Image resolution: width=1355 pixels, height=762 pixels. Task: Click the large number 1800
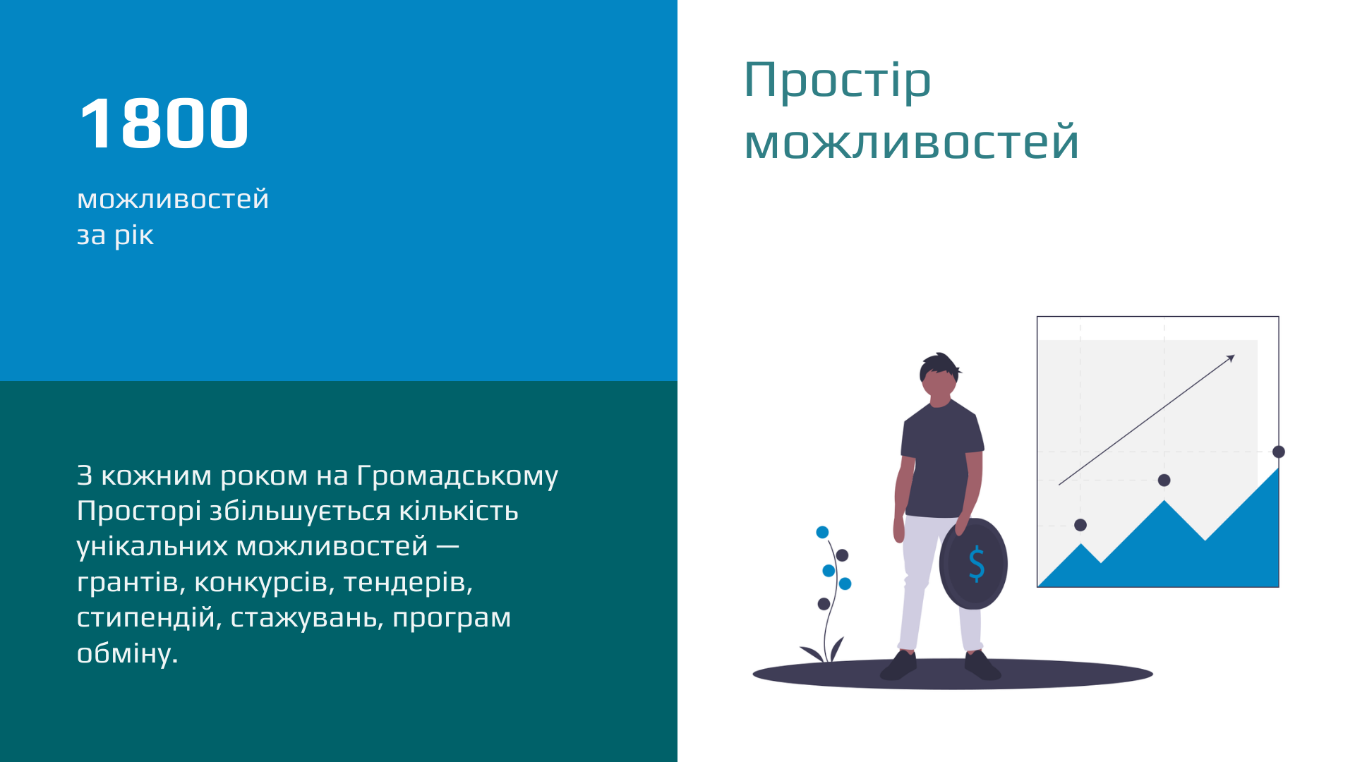[x=164, y=123]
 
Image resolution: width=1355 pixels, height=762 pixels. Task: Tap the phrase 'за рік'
[x=115, y=236]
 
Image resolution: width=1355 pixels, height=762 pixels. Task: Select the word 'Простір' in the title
[x=838, y=81]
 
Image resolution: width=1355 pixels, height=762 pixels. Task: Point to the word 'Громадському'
[x=457, y=476]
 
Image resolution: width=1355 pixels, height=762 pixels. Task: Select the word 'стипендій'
[x=149, y=617]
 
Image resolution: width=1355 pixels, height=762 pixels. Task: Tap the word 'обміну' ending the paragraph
[x=127, y=653]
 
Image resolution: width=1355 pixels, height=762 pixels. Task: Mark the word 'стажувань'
[x=307, y=617]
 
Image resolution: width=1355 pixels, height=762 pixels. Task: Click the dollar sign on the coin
[x=977, y=564]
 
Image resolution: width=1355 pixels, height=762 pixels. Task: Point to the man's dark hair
[x=939, y=365]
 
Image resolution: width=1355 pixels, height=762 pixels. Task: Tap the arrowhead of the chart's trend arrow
[x=1231, y=358]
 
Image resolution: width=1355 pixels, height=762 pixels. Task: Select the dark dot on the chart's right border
[x=1279, y=452]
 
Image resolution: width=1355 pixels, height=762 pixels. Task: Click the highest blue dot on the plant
[x=822, y=533]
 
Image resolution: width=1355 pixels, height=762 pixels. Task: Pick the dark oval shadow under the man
[x=953, y=674]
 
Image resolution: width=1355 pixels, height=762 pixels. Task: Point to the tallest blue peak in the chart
[x=1277, y=470]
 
